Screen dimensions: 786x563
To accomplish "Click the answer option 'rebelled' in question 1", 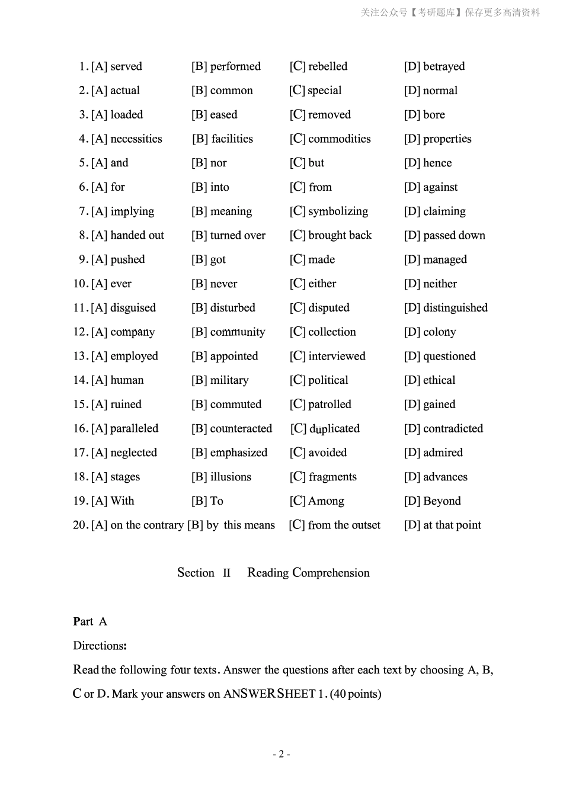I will pos(328,66).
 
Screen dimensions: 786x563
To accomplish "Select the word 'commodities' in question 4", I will pos(339,139).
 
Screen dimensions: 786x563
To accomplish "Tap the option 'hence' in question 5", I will pos(437,163).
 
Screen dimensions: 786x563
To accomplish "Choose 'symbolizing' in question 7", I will pos(338,211).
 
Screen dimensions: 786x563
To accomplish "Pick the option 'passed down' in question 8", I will pos(454,235).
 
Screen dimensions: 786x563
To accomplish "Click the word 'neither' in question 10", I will pos(440,284).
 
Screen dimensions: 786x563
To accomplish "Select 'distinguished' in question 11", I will pos(455,308).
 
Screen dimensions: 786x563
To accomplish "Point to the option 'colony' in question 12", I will pos(439,332).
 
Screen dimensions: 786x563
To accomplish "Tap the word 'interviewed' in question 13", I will pos(337,356).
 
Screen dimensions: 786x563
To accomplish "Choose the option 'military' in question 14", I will pos(229,380).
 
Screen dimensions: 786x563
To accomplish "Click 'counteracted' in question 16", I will pos(241,428).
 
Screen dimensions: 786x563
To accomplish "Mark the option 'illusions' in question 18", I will pos(231,477).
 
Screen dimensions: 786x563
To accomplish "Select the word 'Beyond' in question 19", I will pos(442,501).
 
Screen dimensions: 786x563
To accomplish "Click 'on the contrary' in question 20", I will pos(147,525).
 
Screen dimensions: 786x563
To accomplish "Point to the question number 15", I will pos(81,405).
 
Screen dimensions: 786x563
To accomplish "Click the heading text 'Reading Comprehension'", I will pos(308,573).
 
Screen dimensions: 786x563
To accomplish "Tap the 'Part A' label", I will pos(90,621).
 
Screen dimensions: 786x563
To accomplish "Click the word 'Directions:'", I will pos(100,646).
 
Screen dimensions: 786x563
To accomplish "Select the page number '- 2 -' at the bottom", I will pos(281,754).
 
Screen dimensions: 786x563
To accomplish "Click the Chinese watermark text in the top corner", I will pos(450,12).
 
